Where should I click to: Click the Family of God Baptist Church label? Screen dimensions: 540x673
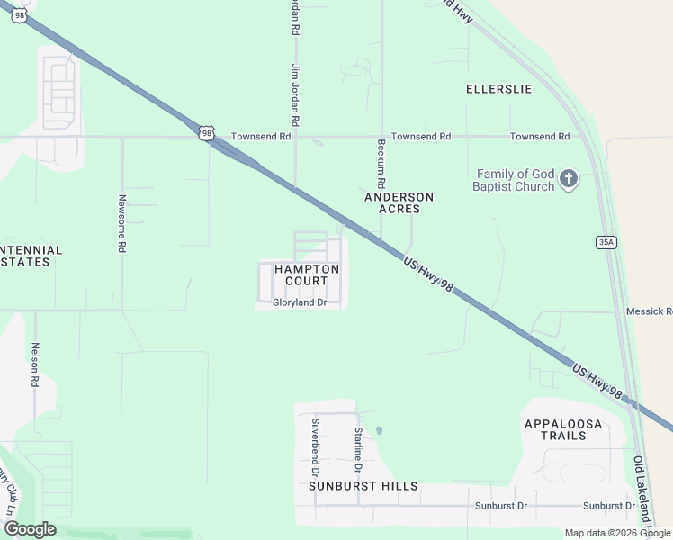coord(516,180)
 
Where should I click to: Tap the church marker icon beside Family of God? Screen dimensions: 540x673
coord(568,179)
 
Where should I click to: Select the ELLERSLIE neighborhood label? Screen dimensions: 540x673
coord(498,89)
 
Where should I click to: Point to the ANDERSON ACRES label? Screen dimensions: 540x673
coord(399,202)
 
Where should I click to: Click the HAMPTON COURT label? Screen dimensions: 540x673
coord(307,274)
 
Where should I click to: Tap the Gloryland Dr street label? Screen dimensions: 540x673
coord(299,303)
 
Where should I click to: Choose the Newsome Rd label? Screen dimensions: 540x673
coord(121,223)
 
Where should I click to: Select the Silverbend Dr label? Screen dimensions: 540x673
coord(316,446)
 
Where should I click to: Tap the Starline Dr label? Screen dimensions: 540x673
coord(357,451)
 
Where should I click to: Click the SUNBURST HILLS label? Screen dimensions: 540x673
coord(363,486)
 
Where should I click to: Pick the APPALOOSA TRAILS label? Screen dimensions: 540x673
coord(568,429)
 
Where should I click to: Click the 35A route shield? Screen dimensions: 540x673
coord(606,242)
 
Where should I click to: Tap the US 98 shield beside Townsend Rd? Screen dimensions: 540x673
coord(207,133)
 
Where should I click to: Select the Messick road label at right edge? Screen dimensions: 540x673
coord(649,311)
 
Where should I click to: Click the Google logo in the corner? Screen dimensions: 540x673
coord(29,529)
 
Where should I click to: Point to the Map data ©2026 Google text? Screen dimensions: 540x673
coord(618,533)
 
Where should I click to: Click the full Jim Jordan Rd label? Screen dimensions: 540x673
coord(294,94)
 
